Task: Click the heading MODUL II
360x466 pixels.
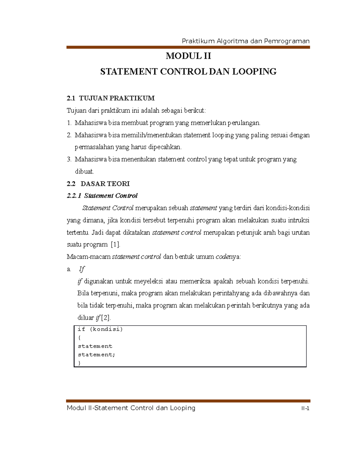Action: [x=188, y=56]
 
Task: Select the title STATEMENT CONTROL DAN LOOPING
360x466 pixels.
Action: [x=188, y=72]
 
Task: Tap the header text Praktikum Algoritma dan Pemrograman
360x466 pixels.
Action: [x=245, y=41]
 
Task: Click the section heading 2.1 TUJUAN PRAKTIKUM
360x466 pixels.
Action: [x=110, y=98]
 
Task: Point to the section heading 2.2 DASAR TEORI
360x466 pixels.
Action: [x=98, y=184]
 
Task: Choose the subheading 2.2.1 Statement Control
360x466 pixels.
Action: [x=102, y=196]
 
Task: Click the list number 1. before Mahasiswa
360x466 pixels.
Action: [x=69, y=123]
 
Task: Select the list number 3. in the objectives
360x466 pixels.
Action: [x=69, y=159]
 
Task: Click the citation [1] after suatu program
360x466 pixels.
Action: [x=115, y=245]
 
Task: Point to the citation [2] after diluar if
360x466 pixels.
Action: [x=106, y=318]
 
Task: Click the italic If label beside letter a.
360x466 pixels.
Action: [x=82, y=269]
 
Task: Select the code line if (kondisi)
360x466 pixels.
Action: [x=100, y=329]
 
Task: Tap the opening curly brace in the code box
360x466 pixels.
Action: [x=79, y=338]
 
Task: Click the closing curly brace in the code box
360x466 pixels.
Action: [x=79, y=363]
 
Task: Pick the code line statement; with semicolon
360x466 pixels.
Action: [x=96, y=355]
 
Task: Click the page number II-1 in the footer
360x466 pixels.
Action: [x=305, y=408]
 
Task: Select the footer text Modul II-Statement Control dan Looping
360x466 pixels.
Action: [x=131, y=408]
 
